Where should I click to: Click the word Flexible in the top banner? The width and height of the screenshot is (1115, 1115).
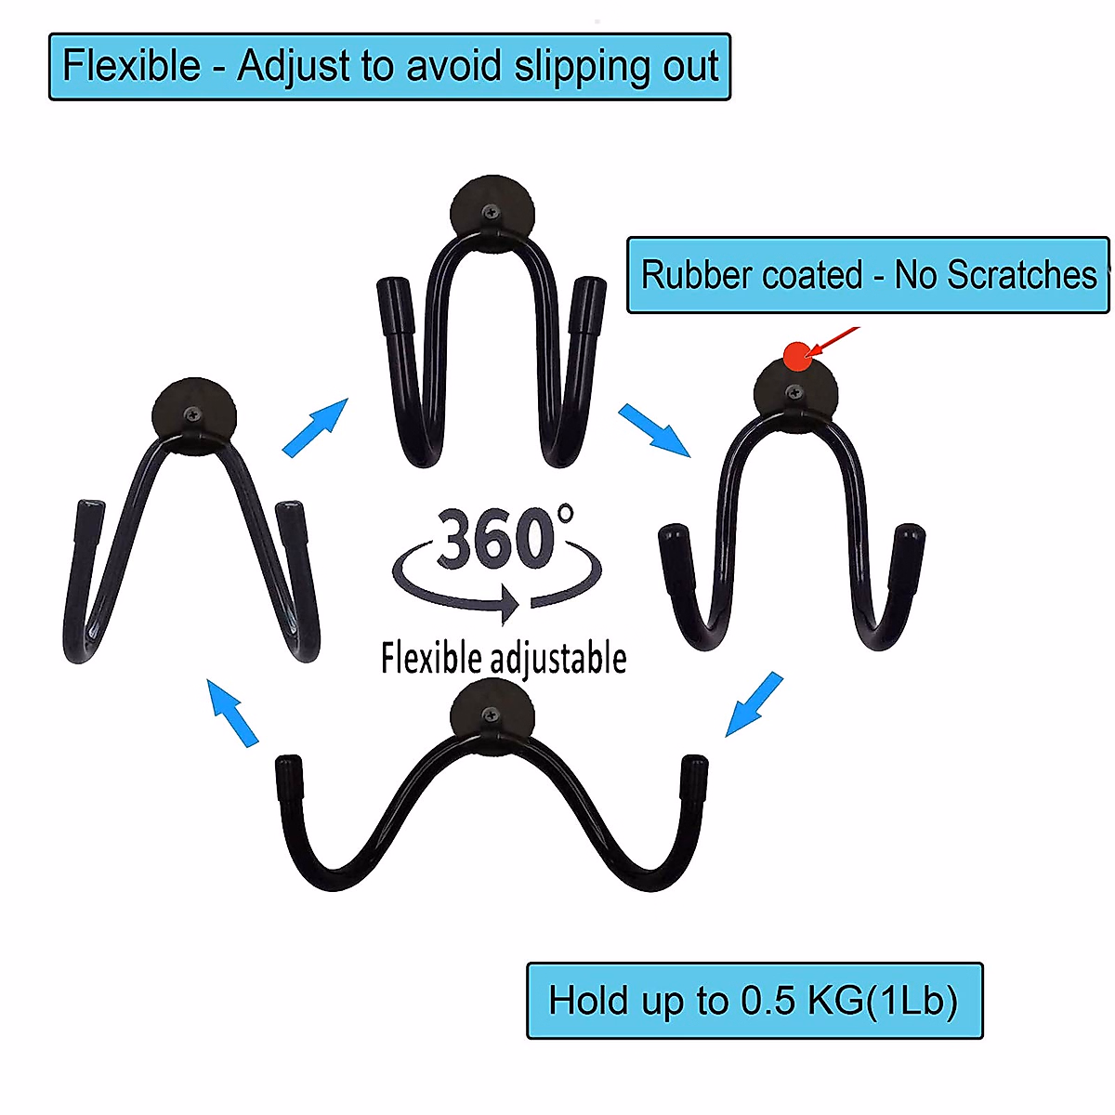131,67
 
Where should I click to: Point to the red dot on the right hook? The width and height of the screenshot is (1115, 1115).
796,355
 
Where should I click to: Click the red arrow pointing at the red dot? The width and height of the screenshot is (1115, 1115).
835,337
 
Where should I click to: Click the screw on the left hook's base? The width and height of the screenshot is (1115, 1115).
192,415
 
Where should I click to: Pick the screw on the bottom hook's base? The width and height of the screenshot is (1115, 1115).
490,715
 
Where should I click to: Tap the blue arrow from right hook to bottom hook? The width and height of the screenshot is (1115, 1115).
754,704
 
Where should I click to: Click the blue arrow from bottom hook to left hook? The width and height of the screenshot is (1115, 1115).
232,712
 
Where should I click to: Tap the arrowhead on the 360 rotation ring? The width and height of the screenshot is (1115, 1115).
508,602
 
